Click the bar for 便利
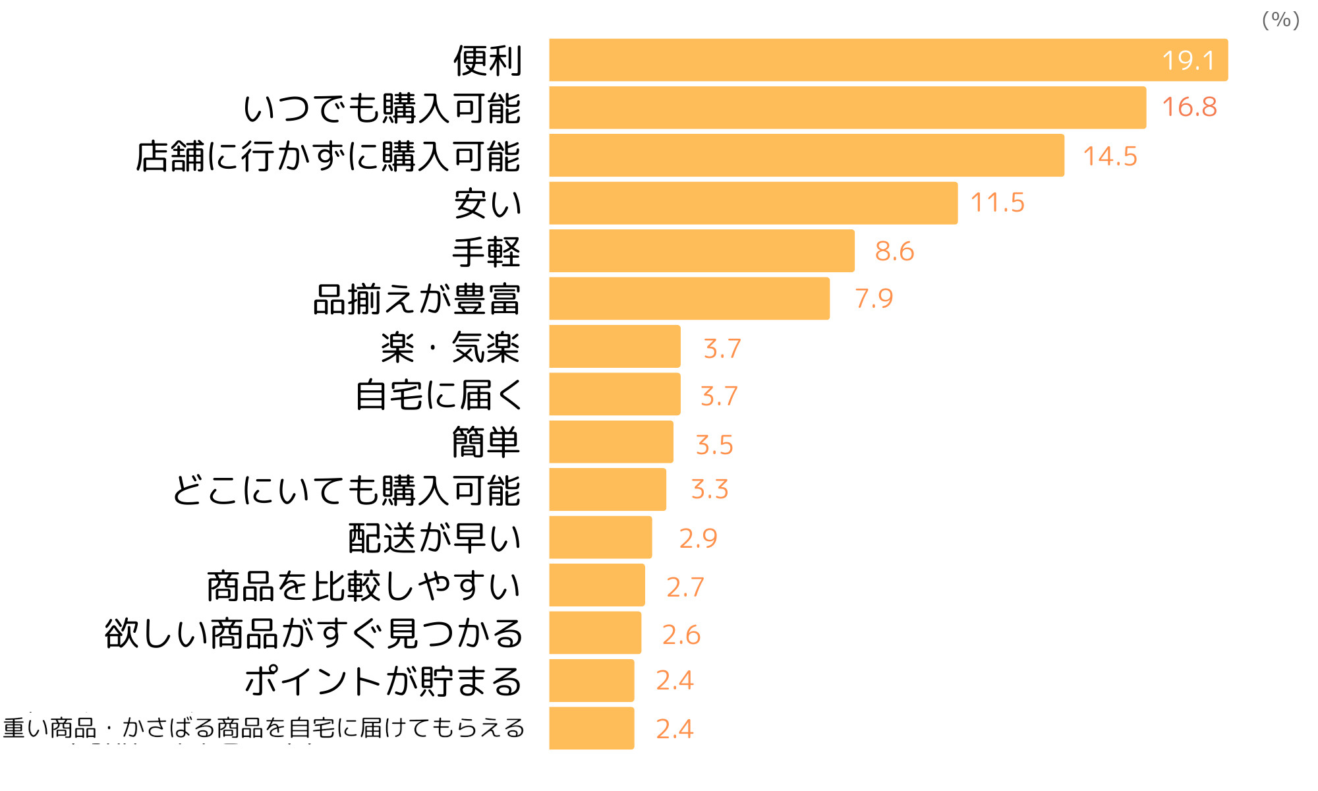tap(888, 60)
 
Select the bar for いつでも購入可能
tap(847, 107)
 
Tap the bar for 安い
tap(753, 203)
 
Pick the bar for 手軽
tap(702, 250)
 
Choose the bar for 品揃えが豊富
tap(689, 299)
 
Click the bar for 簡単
tap(611, 442)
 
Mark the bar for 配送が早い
tap(600, 537)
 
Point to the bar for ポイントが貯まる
tap(591, 680)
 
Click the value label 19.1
tap(1188, 61)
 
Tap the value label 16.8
tap(1189, 107)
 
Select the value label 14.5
tap(1110, 156)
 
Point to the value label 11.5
tap(997, 202)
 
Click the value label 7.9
tap(874, 299)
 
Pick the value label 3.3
tap(709, 489)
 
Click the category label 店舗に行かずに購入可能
tap(328, 156)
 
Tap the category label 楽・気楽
tap(450, 347)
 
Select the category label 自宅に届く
tap(438, 395)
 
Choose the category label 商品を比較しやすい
tap(364, 585)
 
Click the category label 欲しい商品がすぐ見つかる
tap(314, 633)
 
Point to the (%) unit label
tap(1280, 20)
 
